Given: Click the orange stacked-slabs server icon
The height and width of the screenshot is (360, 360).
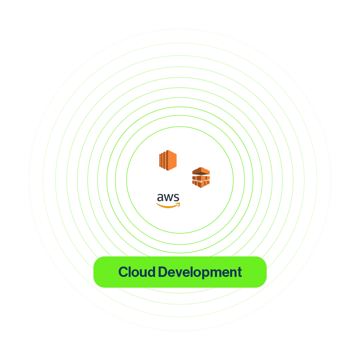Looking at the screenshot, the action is coord(168,160).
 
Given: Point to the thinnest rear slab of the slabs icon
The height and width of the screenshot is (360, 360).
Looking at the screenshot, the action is coord(160,160).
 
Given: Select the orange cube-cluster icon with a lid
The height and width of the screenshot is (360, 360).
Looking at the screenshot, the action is coord(201,177).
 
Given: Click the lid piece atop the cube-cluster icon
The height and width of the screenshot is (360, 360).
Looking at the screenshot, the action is coord(201,171).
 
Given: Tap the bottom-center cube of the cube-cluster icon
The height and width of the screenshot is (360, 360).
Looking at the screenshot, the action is coord(201,184).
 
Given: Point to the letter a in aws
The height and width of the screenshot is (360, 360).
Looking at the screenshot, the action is coord(160,198).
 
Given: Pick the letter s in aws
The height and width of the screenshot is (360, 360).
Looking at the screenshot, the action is coord(176,198).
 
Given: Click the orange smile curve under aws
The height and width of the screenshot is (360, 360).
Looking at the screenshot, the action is coord(168,205).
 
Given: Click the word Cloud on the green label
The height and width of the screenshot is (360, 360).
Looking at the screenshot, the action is coord(137,272).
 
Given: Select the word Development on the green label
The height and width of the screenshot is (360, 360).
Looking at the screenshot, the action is coord(200,272).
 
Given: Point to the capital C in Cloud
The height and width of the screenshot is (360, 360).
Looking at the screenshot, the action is coord(123,272).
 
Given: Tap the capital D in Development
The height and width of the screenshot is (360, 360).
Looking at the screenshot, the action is coord(163,272).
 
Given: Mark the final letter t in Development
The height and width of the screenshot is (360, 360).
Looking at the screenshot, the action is coord(239,272).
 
